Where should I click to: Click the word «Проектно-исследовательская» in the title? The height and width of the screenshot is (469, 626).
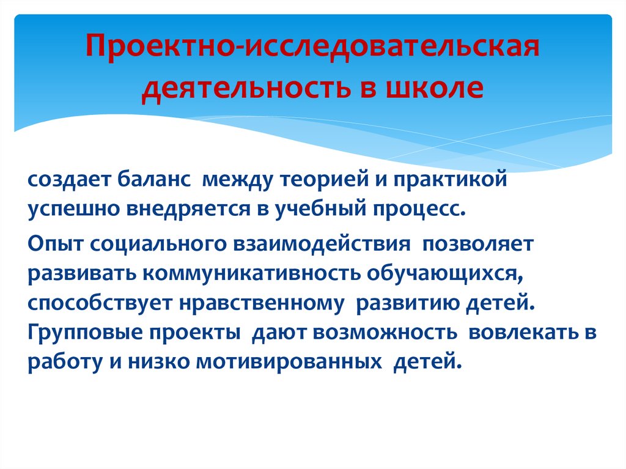tap(312, 46)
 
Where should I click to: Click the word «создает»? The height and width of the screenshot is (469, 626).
tap(68, 179)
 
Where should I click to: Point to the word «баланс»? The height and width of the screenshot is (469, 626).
tap(153, 179)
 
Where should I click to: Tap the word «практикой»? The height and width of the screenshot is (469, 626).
tap(450, 179)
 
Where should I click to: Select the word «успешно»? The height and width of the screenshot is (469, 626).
tap(73, 209)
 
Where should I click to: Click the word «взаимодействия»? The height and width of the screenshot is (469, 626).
tap(322, 245)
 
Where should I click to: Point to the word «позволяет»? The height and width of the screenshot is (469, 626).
tap(478, 244)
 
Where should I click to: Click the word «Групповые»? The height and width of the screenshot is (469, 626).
tap(85, 333)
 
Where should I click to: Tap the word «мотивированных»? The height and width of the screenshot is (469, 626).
tap(289, 363)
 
